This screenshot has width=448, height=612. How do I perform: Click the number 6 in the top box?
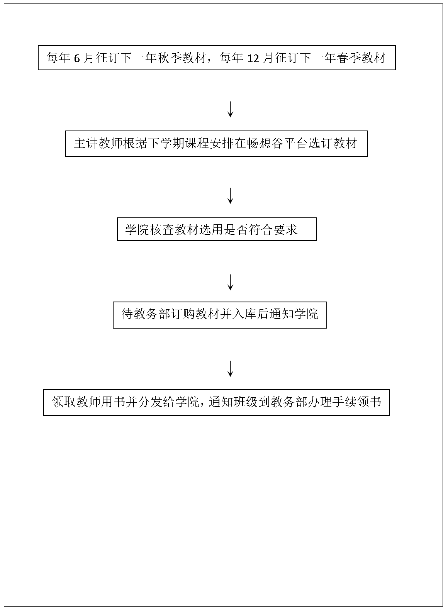77,58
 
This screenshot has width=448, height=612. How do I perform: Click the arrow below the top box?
231,110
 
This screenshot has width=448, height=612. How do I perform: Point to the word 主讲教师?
98,143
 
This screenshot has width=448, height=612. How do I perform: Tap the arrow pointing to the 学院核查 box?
231,196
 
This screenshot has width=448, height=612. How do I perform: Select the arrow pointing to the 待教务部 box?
231,282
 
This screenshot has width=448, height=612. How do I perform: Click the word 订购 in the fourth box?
183,314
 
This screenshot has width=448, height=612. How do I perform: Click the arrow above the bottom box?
231,369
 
